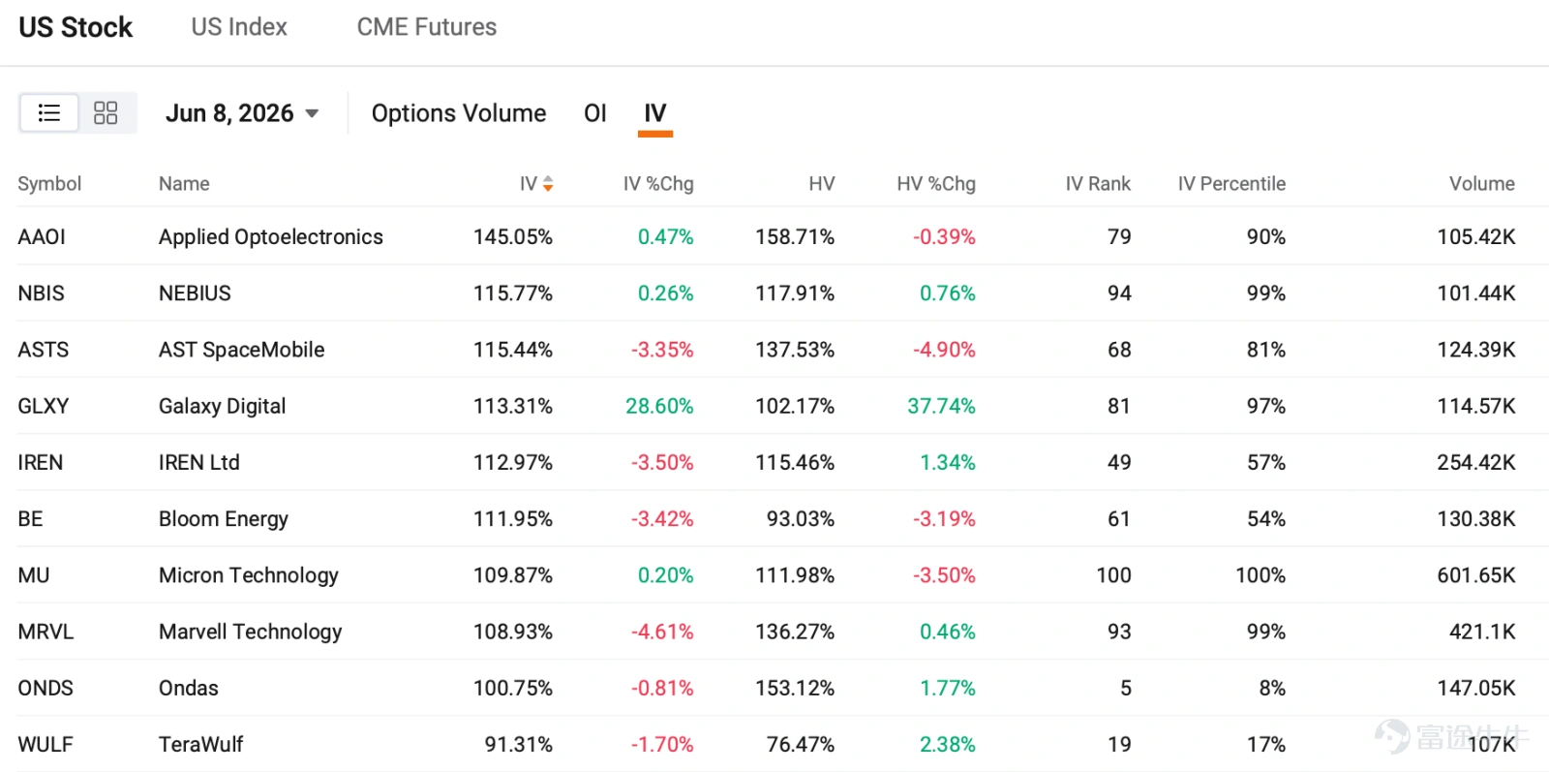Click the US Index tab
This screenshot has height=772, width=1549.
tap(238, 27)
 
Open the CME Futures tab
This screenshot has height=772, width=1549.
tap(427, 27)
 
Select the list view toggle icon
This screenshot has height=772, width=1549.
tap(49, 112)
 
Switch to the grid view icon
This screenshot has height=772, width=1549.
tap(106, 112)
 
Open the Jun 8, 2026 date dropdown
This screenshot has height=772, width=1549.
tap(242, 112)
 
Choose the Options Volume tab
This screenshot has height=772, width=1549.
tap(459, 112)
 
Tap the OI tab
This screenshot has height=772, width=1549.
tap(594, 112)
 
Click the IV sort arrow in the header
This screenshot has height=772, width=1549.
tap(548, 183)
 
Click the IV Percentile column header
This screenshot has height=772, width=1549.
tap(1231, 183)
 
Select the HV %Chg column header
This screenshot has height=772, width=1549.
tap(936, 183)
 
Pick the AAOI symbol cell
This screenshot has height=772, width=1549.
tap(42, 236)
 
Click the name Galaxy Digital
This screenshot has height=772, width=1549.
tap(222, 406)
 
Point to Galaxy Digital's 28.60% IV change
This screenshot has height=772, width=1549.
tap(659, 406)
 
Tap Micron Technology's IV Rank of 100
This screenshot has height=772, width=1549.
tap(1113, 574)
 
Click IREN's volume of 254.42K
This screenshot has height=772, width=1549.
tap(1475, 462)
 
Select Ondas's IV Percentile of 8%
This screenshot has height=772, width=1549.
tap(1272, 688)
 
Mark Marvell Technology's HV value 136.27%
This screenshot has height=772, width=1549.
tap(795, 632)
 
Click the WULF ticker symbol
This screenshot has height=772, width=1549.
tap(45, 744)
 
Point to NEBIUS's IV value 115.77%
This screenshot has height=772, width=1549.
tap(512, 293)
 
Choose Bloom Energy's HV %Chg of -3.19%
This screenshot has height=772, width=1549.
tap(944, 519)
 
